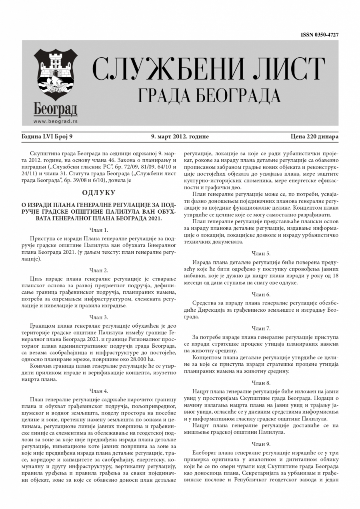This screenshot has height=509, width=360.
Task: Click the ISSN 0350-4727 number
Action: (x=320, y=35)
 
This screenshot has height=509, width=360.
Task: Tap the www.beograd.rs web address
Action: (x=56, y=121)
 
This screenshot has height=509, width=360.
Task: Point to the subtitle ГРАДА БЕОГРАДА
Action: (x=209, y=95)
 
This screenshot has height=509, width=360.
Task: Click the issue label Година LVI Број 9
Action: (x=47, y=137)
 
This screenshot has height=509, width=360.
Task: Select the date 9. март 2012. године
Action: (x=180, y=137)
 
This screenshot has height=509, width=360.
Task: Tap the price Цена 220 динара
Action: (x=314, y=137)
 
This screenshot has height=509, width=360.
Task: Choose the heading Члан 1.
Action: (x=98, y=230)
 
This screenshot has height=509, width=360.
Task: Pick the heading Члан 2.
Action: (x=98, y=271)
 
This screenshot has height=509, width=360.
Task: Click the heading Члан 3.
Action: (x=98, y=317)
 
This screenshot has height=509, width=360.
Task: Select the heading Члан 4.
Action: (x=98, y=391)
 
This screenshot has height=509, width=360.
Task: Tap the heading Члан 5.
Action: (x=261, y=253)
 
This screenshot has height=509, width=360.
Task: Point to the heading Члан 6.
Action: (x=261, y=294)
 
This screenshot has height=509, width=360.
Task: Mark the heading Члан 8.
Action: (x=261, y=383)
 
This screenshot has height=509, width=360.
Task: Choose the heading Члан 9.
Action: (x=261, y=444)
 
